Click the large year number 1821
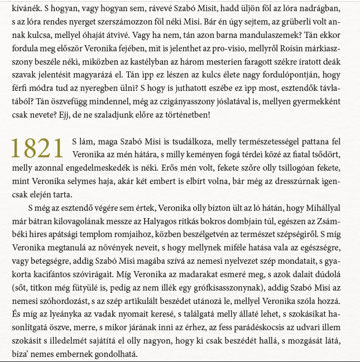[37, 149]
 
